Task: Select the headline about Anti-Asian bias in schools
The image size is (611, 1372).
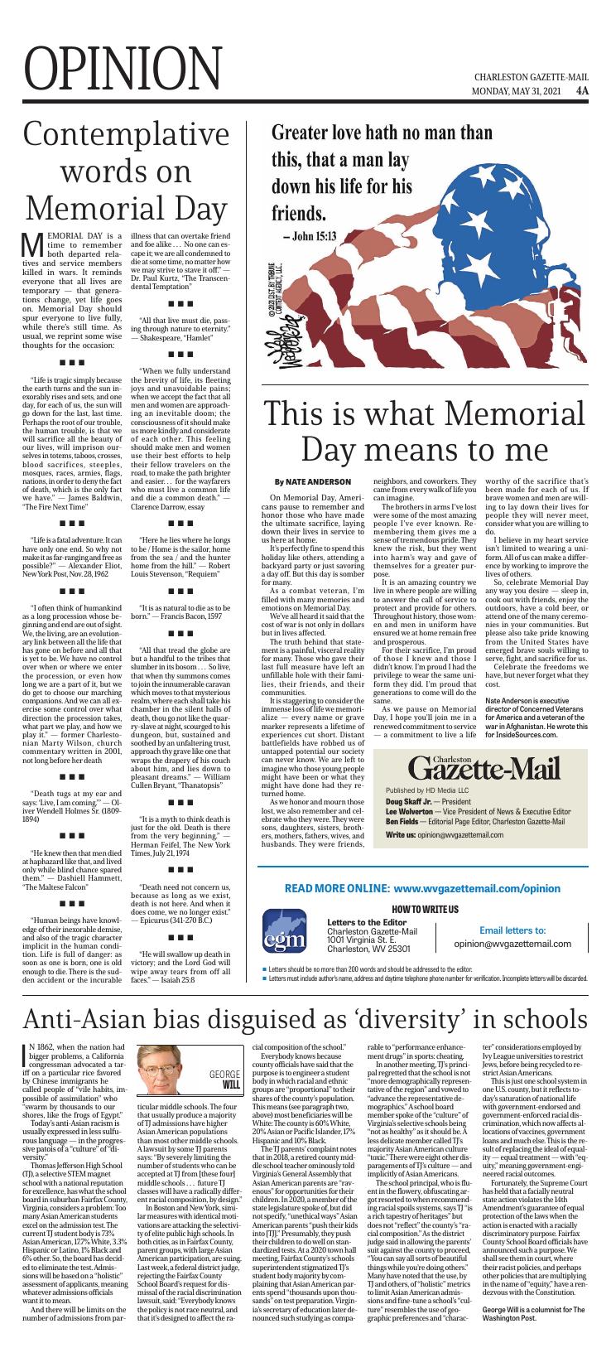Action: click(x=305, y=1017)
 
